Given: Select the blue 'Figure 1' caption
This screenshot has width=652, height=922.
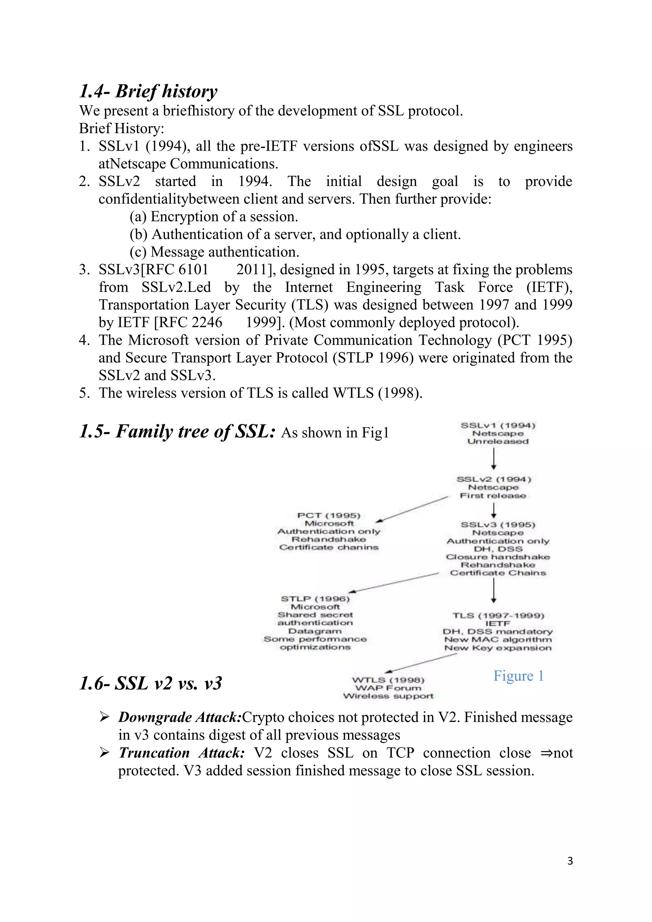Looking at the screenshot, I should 518,676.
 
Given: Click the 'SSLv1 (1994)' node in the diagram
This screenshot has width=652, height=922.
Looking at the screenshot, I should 498,425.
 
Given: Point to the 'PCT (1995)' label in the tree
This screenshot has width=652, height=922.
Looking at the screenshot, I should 329,515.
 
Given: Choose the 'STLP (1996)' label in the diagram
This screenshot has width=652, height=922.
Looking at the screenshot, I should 315,599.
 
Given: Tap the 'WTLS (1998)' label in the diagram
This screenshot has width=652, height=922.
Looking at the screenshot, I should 388,680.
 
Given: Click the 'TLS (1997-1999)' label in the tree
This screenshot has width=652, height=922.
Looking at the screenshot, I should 498,616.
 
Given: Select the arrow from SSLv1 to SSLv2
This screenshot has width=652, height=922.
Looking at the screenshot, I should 493,458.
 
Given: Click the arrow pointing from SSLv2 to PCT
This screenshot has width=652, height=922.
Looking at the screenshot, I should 414,509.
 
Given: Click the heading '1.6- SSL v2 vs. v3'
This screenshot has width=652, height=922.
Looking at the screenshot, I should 151,683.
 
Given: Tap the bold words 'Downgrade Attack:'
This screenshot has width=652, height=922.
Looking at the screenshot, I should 180,717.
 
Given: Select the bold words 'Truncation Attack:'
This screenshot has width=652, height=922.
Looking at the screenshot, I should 181,753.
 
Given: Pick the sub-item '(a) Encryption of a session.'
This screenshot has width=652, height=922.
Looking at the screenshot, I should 214,217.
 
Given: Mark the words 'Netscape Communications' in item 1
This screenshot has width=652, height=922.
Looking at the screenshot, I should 193,164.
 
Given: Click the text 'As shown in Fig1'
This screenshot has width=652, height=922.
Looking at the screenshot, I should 335,433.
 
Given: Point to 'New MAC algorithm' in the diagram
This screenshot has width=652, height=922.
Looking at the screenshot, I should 498,640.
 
